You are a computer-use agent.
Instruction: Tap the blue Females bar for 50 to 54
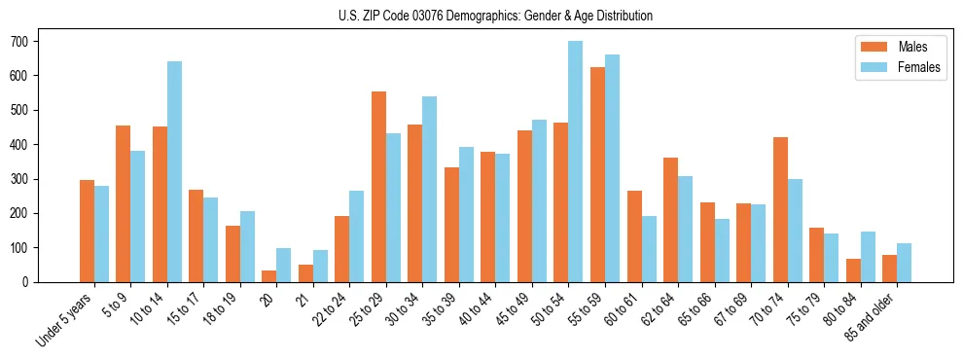(x=576, y=162)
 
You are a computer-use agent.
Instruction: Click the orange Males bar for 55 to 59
(x=597, y=175)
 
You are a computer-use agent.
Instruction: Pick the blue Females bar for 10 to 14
(x=174, y=172)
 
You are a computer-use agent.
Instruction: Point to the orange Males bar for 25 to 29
(x=378, y=187)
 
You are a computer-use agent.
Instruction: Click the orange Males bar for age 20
(x=269, y=276)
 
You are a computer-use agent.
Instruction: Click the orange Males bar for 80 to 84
(x=853, y=270)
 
